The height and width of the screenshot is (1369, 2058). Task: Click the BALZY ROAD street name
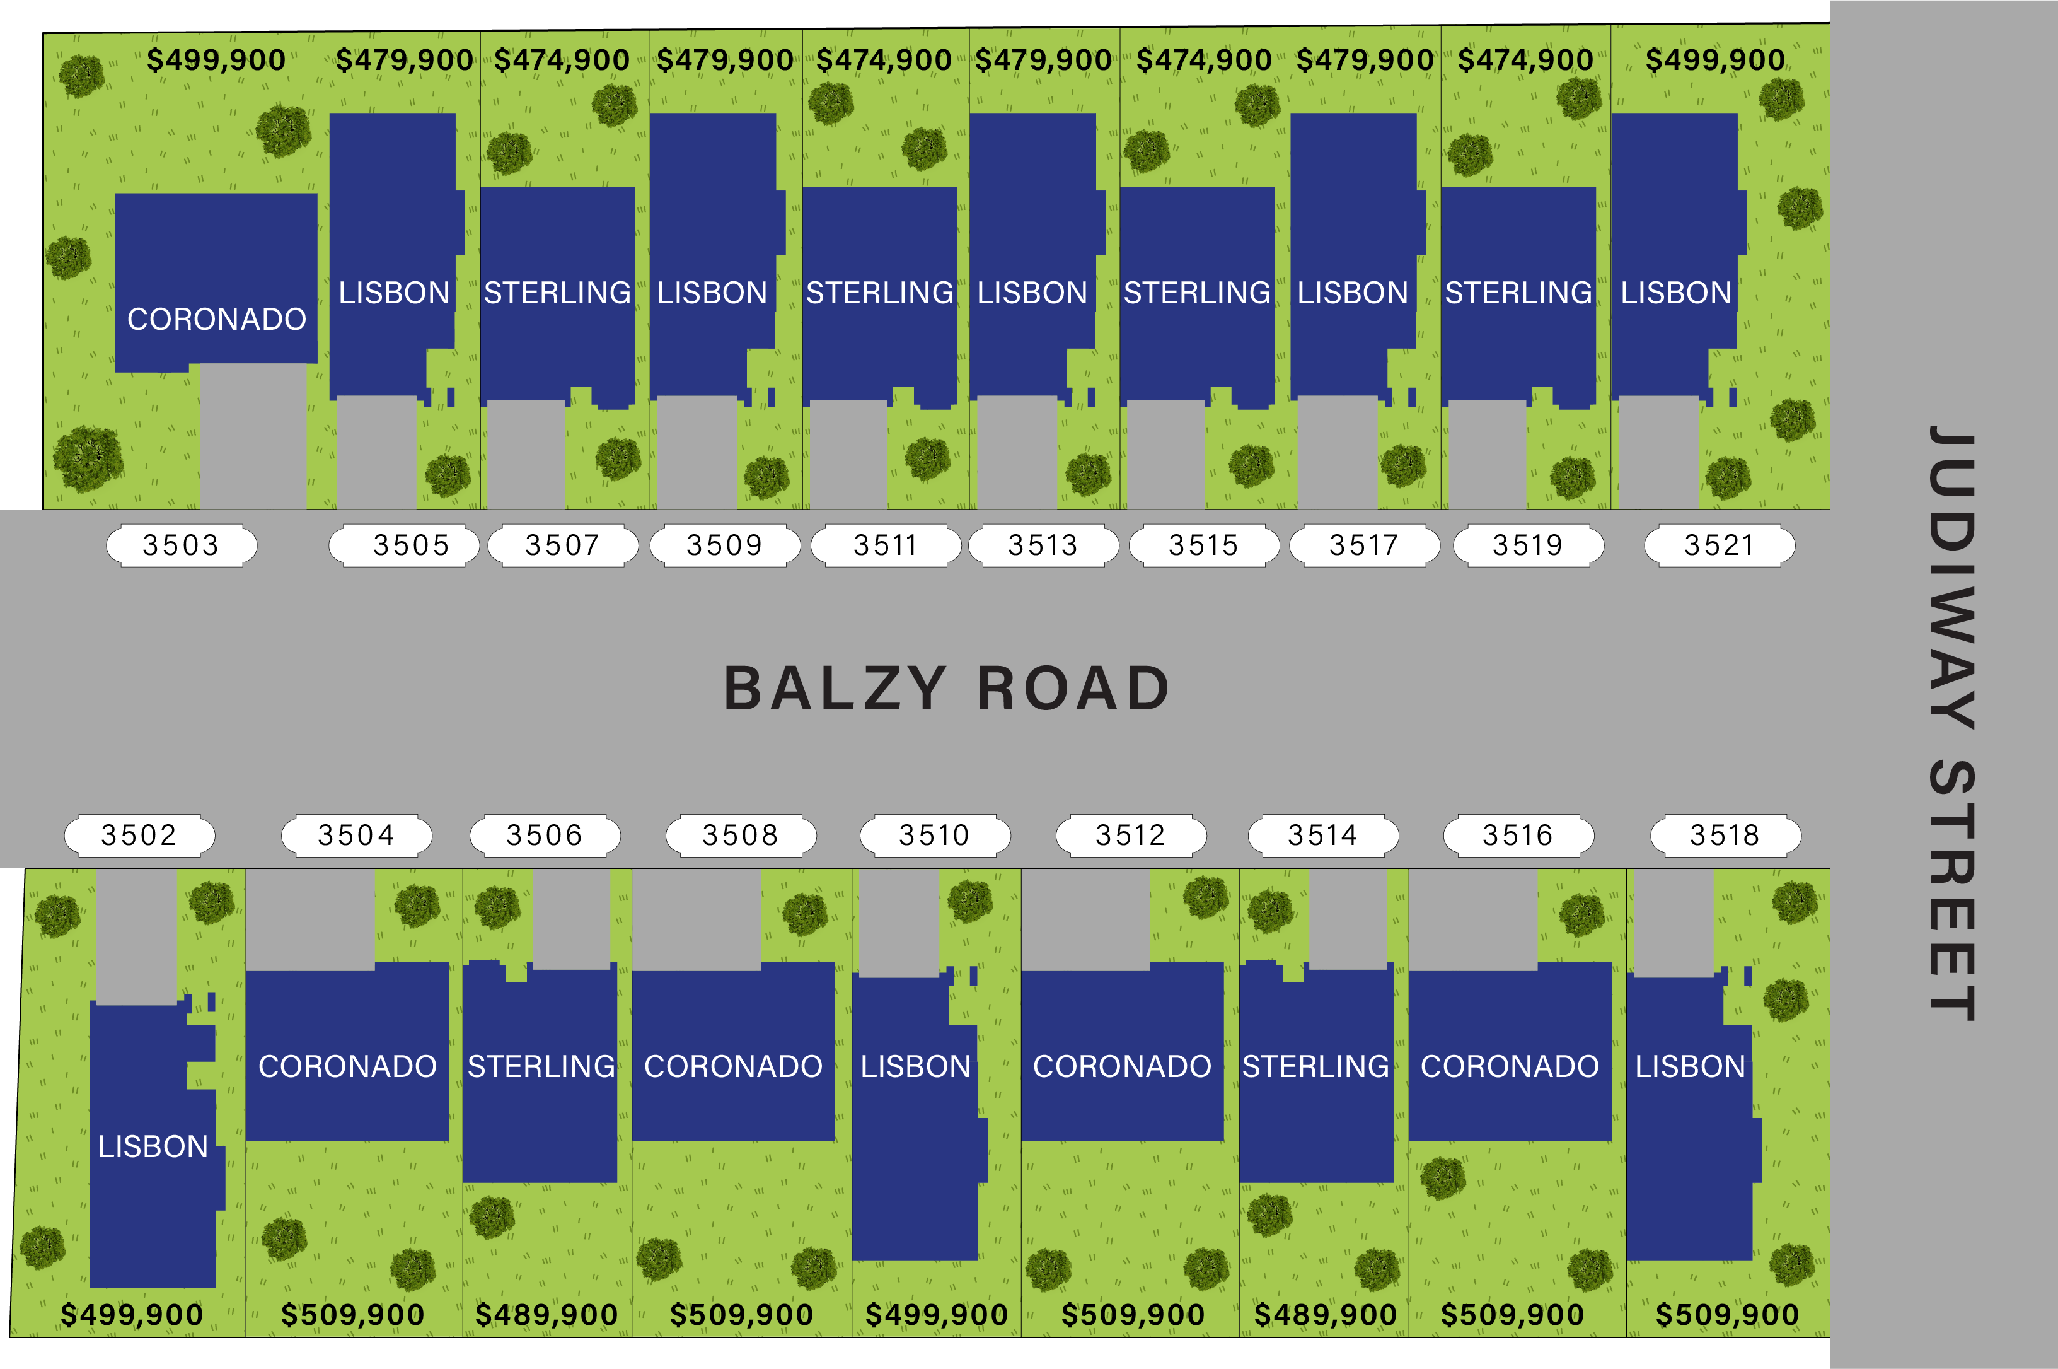(947, 688)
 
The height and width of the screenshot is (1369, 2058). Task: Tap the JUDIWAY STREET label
(1951, 723)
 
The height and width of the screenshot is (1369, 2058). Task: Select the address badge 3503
(182, 545)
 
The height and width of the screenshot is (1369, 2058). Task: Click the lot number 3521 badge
(1720, 545)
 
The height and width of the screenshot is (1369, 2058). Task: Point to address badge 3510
(935, 836)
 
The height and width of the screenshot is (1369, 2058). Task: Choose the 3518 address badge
(1725, 836)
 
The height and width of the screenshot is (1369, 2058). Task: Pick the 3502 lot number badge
(140, 836)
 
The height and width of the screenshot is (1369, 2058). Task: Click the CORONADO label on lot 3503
(216, 320)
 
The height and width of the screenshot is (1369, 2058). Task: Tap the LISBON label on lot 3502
(153, 1146)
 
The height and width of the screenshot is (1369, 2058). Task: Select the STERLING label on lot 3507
(557, 293)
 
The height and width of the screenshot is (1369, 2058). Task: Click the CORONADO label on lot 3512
(1123, 1066)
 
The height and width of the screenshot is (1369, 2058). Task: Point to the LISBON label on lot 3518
(1691, 1066)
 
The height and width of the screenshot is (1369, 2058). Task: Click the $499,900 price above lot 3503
(216, 61)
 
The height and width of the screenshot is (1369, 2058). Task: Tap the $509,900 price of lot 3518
(1727, 1315)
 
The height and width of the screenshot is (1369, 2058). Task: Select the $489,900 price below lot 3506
(546, 1315)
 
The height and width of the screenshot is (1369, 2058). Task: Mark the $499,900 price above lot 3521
(1715, 61)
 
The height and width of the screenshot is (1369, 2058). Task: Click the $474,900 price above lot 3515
(1203, 61)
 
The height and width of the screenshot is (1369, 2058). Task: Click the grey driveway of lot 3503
(253, 436)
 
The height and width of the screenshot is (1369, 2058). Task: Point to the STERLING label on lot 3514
(1315, 1066)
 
